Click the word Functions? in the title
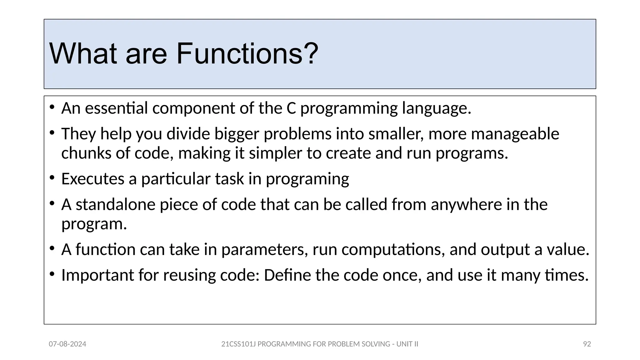pos(247,54)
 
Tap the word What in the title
pos(83,54)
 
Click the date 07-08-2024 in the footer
pos(67,344)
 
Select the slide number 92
pos(587,344)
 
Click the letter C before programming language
pos(291,108)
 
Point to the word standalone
pos(115,205)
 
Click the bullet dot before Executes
pos(52,178)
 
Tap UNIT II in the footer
pos(407,344)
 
